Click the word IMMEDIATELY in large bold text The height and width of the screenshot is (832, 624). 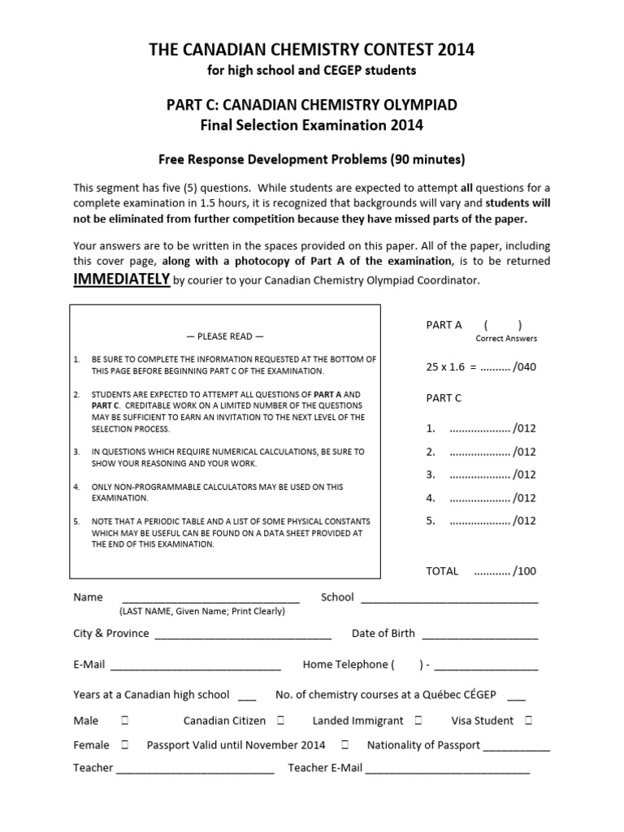[122, 279]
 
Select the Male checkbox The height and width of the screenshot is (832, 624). [124, 721]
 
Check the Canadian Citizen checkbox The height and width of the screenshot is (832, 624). [279, 721]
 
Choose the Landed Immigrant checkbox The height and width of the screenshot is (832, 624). [417, 721]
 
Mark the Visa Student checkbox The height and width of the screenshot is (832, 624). [528, 721]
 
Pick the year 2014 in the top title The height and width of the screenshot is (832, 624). [456, 50]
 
